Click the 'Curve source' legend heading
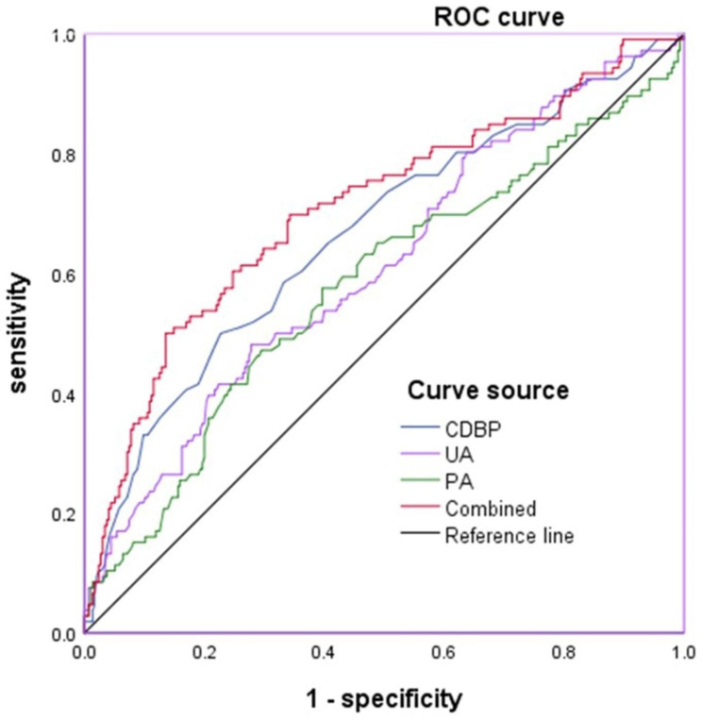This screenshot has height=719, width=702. click(474, 390)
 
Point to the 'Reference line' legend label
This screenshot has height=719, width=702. click(510, 536)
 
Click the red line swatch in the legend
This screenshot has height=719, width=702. click(420, 509)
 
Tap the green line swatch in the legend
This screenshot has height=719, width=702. click(420, 481)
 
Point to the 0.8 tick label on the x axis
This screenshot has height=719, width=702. click(564, 652)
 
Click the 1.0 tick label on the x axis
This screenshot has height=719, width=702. click(683, 652)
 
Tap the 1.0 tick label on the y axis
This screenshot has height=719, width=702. click(64, 36)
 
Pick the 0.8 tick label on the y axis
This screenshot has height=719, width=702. click(64, 156)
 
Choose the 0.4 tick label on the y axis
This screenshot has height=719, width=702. click(64, 395)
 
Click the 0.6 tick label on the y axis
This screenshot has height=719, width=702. click(64, 276)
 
